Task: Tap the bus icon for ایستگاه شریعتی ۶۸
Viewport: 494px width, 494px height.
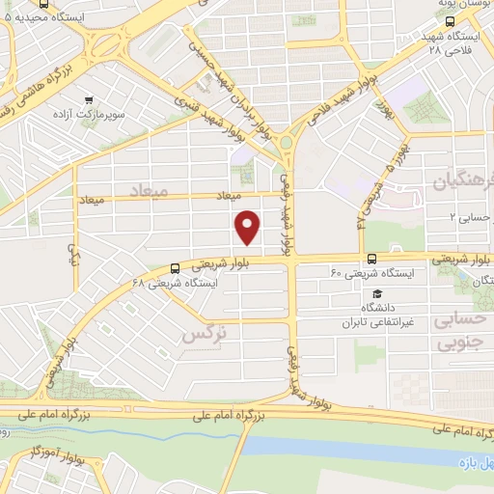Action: click(x=174, y=268)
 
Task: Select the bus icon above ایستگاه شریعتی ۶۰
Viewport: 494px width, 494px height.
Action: click(x=371, y=258)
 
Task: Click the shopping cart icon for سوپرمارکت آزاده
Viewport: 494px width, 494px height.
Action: click(x=89, y=98)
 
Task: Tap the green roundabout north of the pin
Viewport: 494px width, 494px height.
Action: click(x=287, y=145)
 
